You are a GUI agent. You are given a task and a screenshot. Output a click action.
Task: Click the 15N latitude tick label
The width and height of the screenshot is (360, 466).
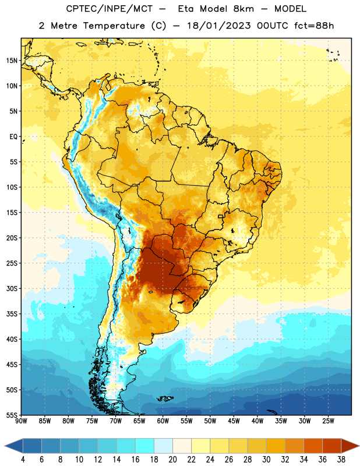12,61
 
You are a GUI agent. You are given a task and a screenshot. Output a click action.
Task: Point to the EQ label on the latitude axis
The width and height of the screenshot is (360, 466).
13,137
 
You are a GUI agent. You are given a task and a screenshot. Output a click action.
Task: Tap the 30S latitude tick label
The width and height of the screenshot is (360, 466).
12,288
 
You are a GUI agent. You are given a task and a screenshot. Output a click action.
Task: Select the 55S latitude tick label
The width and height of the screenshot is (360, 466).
12,415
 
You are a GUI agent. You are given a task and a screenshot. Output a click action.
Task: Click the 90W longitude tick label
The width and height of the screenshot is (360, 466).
21,421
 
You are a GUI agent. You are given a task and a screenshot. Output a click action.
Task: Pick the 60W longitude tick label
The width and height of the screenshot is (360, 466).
163,421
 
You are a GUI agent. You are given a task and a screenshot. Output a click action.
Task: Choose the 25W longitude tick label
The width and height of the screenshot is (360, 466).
328,421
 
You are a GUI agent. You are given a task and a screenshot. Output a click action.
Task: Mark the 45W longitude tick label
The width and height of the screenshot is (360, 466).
234,421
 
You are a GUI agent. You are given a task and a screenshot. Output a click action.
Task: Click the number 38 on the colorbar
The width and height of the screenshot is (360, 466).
341,460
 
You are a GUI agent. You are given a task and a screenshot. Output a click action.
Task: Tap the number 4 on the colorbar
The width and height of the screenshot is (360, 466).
23,460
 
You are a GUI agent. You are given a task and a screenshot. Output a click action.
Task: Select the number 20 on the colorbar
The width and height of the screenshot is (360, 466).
172,460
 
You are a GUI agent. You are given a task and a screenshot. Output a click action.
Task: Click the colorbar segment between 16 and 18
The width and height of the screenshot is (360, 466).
145,446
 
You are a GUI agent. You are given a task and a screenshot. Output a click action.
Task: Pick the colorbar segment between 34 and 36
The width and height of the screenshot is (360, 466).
313,446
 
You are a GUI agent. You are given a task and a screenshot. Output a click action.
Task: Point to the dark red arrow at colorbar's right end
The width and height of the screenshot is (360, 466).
350,446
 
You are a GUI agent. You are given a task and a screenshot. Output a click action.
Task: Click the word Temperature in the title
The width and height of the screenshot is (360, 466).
114,26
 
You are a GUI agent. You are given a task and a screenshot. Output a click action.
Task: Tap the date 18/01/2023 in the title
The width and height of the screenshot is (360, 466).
218,26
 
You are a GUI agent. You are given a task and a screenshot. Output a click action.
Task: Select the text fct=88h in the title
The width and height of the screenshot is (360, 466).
314,26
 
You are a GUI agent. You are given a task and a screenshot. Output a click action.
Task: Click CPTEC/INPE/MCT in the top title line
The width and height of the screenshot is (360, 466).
109,9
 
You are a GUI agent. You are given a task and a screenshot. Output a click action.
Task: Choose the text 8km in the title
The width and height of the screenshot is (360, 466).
243,9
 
